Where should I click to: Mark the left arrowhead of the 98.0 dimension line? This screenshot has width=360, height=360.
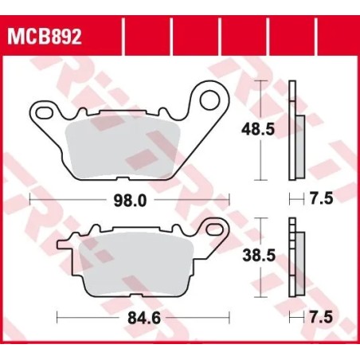coord(32,202)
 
